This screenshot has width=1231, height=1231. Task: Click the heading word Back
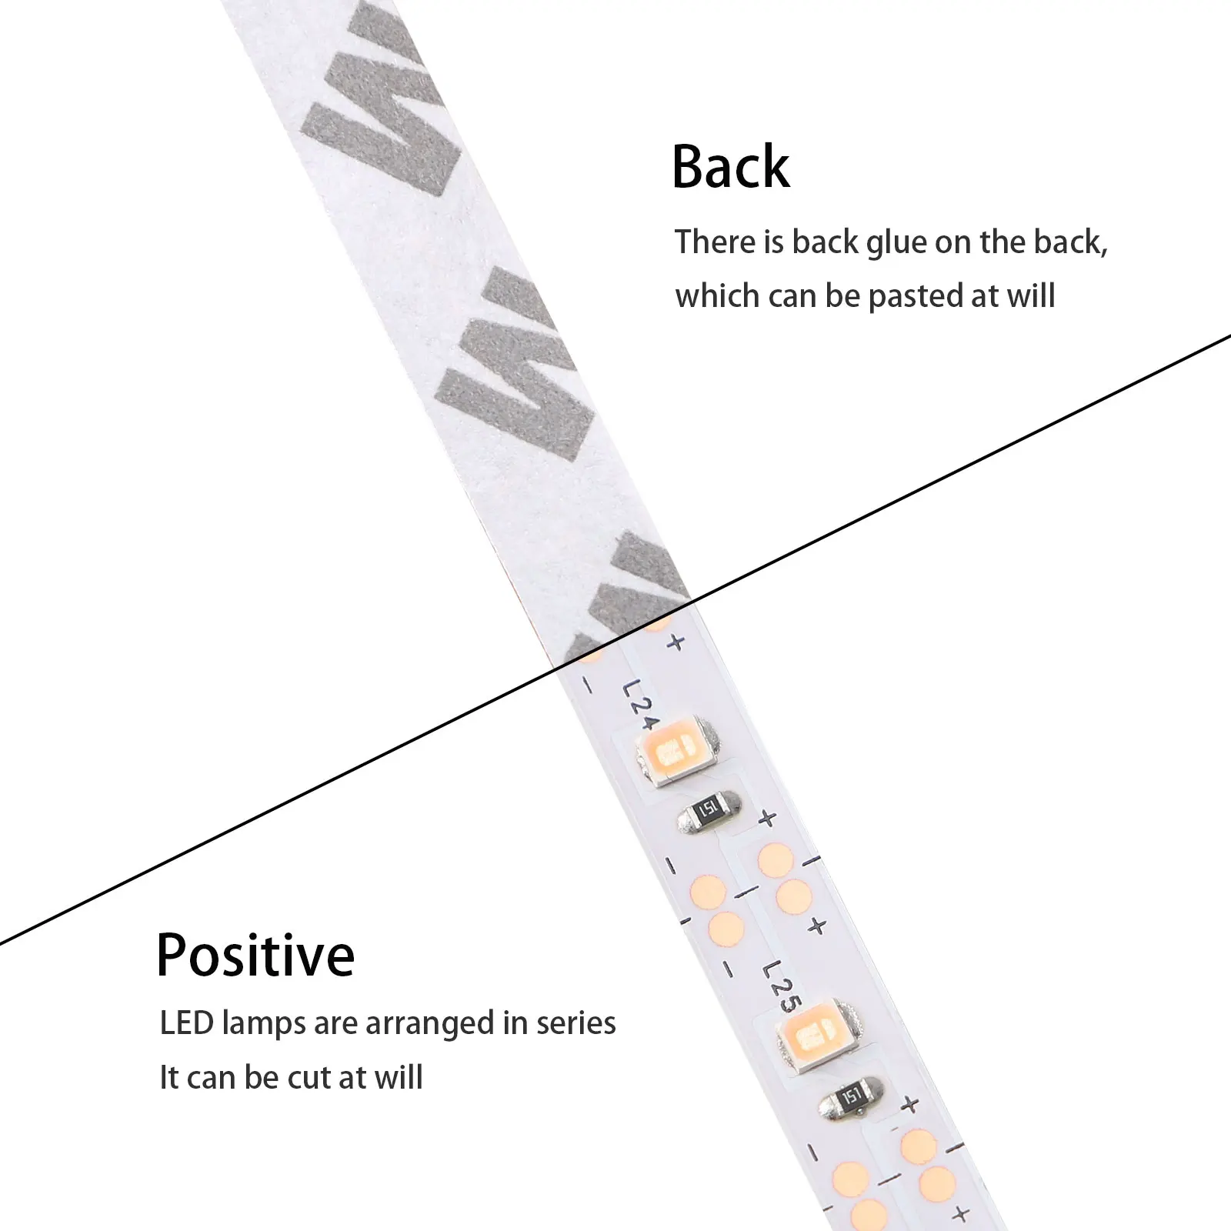(730, 167)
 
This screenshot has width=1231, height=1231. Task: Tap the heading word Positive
(255, 956)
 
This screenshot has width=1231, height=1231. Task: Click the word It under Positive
(169, 1078)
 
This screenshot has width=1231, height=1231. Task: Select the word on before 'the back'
(953, 242)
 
